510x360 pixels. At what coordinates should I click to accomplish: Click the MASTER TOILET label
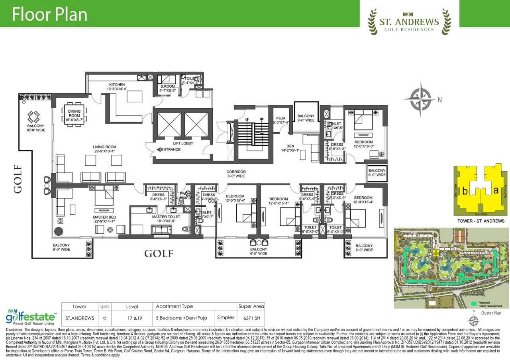tap(166, 217)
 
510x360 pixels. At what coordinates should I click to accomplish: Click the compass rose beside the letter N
tap(421, 98)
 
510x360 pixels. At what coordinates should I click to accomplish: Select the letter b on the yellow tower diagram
tap(465, 191)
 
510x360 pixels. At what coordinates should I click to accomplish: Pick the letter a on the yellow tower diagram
tap(496, 190)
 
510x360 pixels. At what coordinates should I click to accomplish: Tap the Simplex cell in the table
tap(225, 318)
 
